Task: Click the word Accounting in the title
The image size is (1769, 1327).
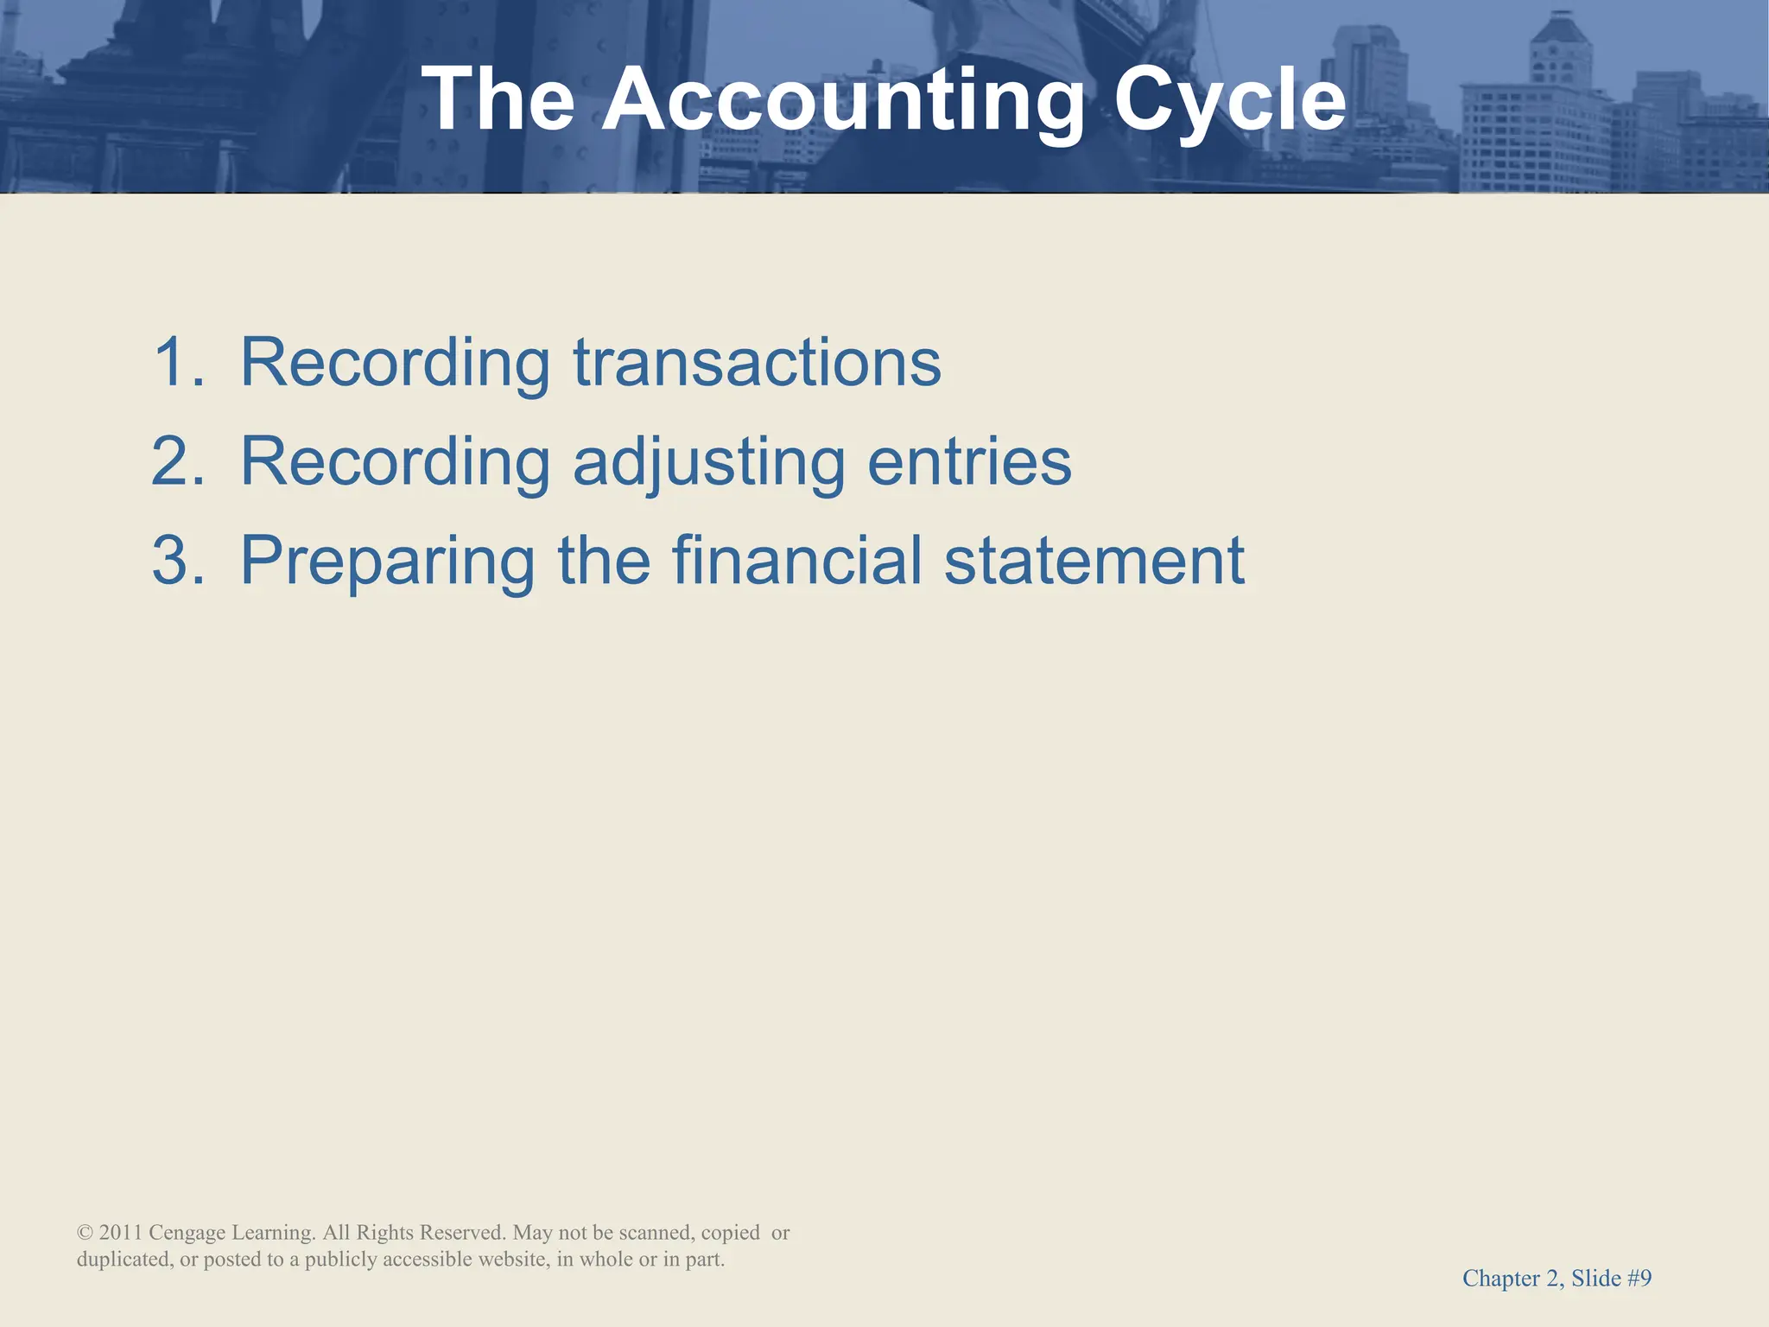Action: (x=842, y=102)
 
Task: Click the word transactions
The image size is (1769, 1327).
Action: (x=757, y=362)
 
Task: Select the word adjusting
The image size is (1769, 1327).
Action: (x=708, y=463)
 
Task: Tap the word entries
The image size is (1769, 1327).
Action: (x=969, y=461)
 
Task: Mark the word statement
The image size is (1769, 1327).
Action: (x=1094, y=561)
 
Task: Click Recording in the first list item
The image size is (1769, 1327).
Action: (x=395, y=364)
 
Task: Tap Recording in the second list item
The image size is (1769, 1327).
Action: (x=395, y=463)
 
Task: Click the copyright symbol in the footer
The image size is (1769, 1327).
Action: (x=85, y=1233)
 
